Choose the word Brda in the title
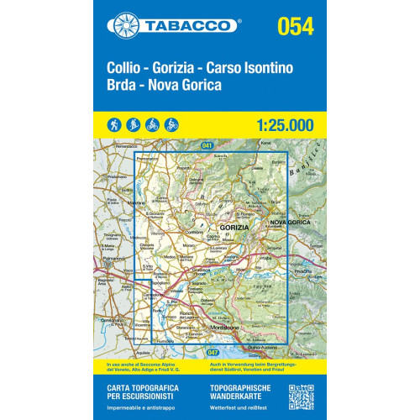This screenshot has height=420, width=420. coord(123,86)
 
